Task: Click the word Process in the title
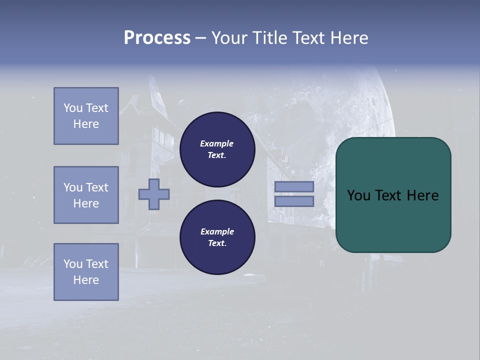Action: [x=157, y=38]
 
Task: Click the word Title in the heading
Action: [x=268, y=38]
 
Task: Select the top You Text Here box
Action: [x=86, y=116]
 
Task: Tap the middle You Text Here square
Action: [x=86, y=195]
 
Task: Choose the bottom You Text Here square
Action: [x=86, y=272]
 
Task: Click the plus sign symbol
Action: [x=154, y=194]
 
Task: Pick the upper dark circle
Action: [x=217, y=149]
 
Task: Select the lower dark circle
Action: [x=217, y=237]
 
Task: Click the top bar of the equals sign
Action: [x=294, y=186]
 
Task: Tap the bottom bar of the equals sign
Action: [x=294, y=201]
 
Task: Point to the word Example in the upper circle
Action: [x=217, y=143]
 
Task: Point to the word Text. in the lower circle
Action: [x=217, y=243]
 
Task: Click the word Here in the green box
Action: [x=422, y=195]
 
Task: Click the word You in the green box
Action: [x=358, y=195]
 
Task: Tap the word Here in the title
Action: [x=349, y=38]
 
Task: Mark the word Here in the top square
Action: [x=86, y=124]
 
